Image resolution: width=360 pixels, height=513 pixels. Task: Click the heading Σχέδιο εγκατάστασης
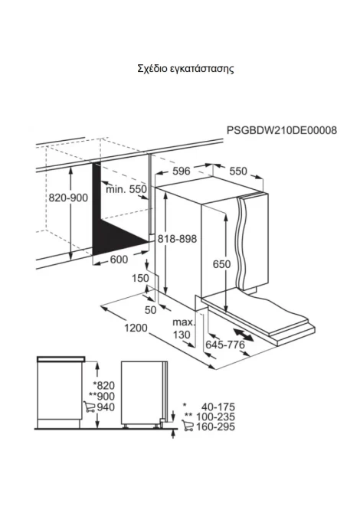[185, 69]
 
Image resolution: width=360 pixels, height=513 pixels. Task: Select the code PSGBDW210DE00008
[282, 130]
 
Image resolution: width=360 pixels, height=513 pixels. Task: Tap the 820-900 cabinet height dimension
[68, 198]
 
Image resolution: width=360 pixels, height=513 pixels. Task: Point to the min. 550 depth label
[126, 189]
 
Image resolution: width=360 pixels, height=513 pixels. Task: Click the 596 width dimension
[182, 171]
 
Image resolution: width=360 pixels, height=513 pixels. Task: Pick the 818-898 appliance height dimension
[178, 238]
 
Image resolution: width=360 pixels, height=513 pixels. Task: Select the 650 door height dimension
[221, 263]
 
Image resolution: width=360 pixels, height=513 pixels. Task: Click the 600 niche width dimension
[119, 260]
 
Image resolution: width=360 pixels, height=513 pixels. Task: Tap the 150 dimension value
[140, 278]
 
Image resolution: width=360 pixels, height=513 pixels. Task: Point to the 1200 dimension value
[136, 328]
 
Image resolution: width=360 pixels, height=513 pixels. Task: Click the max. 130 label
[183, 328]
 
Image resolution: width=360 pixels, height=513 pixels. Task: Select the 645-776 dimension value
[225, 345]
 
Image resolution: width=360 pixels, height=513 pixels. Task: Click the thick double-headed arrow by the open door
[244, 335]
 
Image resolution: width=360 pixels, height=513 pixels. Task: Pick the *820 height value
[103, 385]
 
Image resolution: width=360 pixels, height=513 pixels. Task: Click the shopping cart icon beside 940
[89, 407]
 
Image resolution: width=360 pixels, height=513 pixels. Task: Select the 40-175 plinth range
[218, 407]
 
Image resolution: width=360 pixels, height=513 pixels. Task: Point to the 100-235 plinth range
[215, 417]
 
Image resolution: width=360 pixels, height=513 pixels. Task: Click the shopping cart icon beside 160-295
[188, 426]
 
